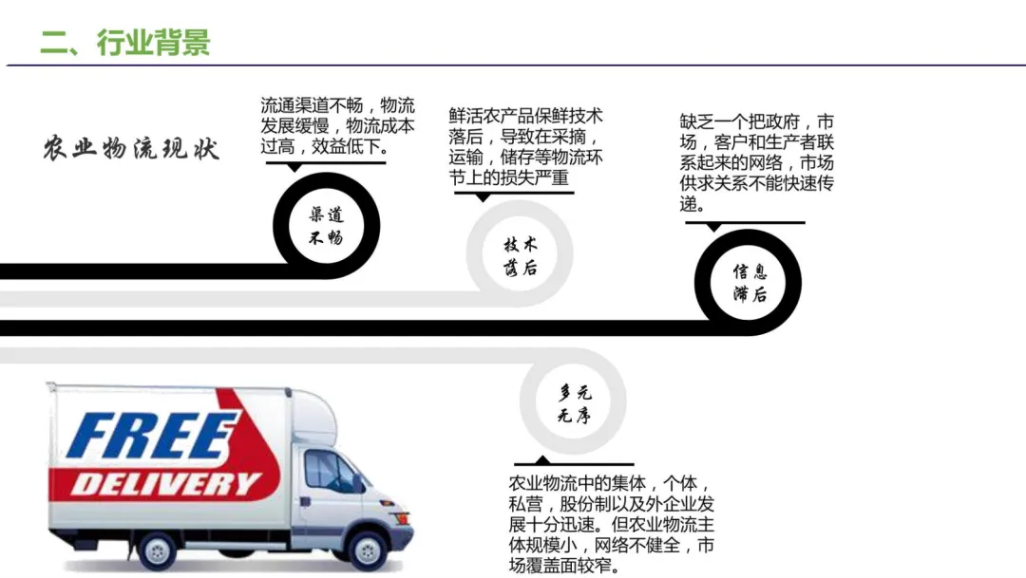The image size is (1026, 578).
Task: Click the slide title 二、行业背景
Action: pyautogui.click(x=124, y=42)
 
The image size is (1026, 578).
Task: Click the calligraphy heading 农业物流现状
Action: pyautogui.click(x=130, y=149)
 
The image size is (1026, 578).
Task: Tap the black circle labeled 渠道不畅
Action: pyautogui.click(x=326, y=226)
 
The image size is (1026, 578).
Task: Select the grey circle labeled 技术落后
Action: pyautogui.click(x=520, y=254)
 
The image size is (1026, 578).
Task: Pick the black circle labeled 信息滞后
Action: pyautogui.click(x=749, y=282)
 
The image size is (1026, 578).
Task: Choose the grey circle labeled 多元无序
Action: pyautogui.click(x=573, y=401)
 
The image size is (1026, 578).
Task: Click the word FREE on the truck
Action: pyautogui.click(x=151, y=436)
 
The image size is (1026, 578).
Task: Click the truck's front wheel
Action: pyautogui.click(x=368, y=550)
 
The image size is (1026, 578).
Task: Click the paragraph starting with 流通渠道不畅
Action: pyautogui.click(x=337, y=125)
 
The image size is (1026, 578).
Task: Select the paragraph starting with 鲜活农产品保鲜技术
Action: pyautogui.click(x=525, y=146)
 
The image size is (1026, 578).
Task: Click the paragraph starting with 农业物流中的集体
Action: pyautogui.click(x=611, y=524)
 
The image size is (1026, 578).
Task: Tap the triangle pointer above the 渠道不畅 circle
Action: pyautogui.click(x=294, y=167)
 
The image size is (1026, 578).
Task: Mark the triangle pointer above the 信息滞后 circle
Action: pyautogui.click(x=712, y=227)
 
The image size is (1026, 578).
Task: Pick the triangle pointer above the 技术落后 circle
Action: pyautogui.click(x=484, y=196)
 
